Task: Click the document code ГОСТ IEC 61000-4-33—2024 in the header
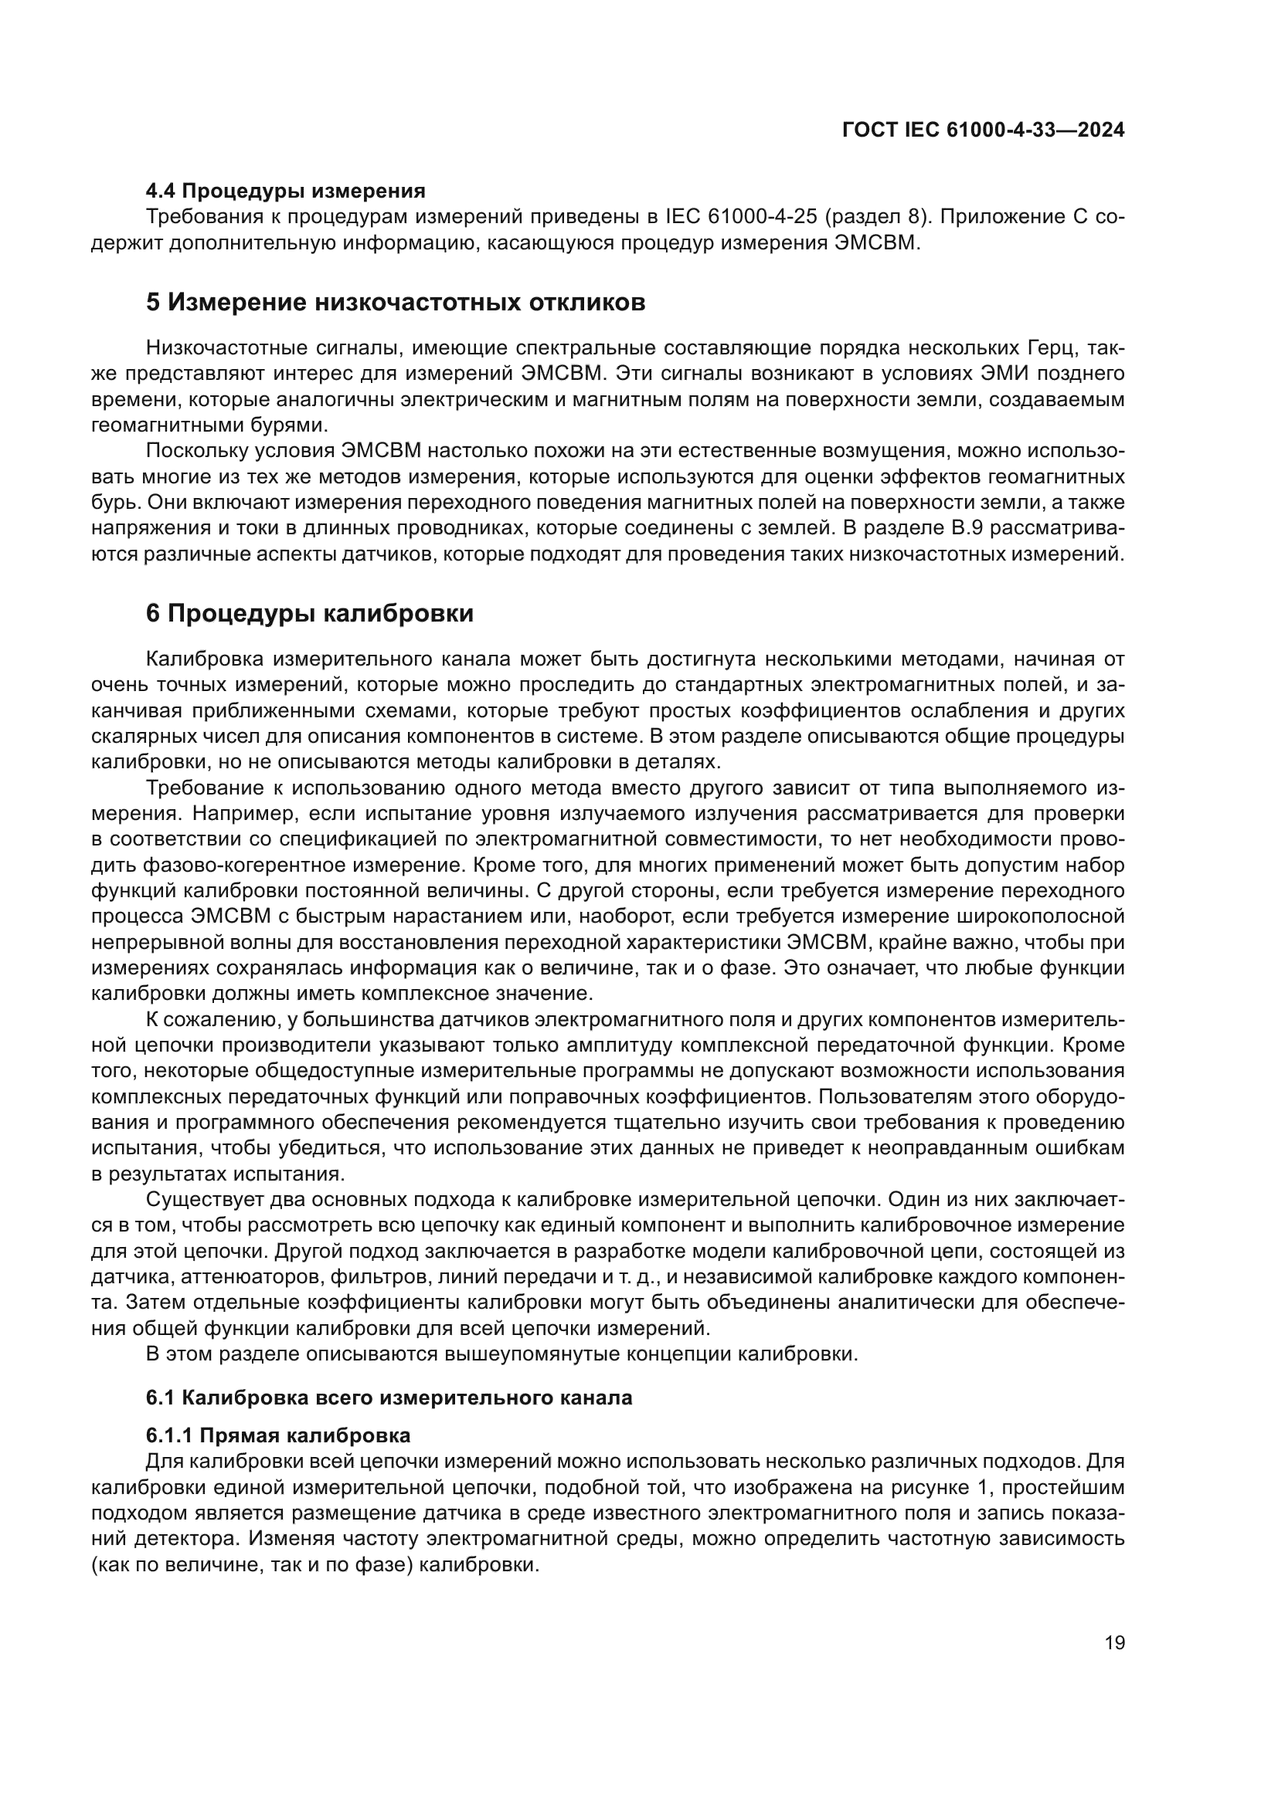pos(983,130)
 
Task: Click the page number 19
pos(1114,1643)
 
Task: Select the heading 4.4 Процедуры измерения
pos(286,191)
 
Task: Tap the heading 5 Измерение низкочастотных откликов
pos(395,302)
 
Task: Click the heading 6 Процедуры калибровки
pos(309,614)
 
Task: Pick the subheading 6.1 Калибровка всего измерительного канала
pos(389,1398)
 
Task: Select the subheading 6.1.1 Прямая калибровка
pos(278,1435)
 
